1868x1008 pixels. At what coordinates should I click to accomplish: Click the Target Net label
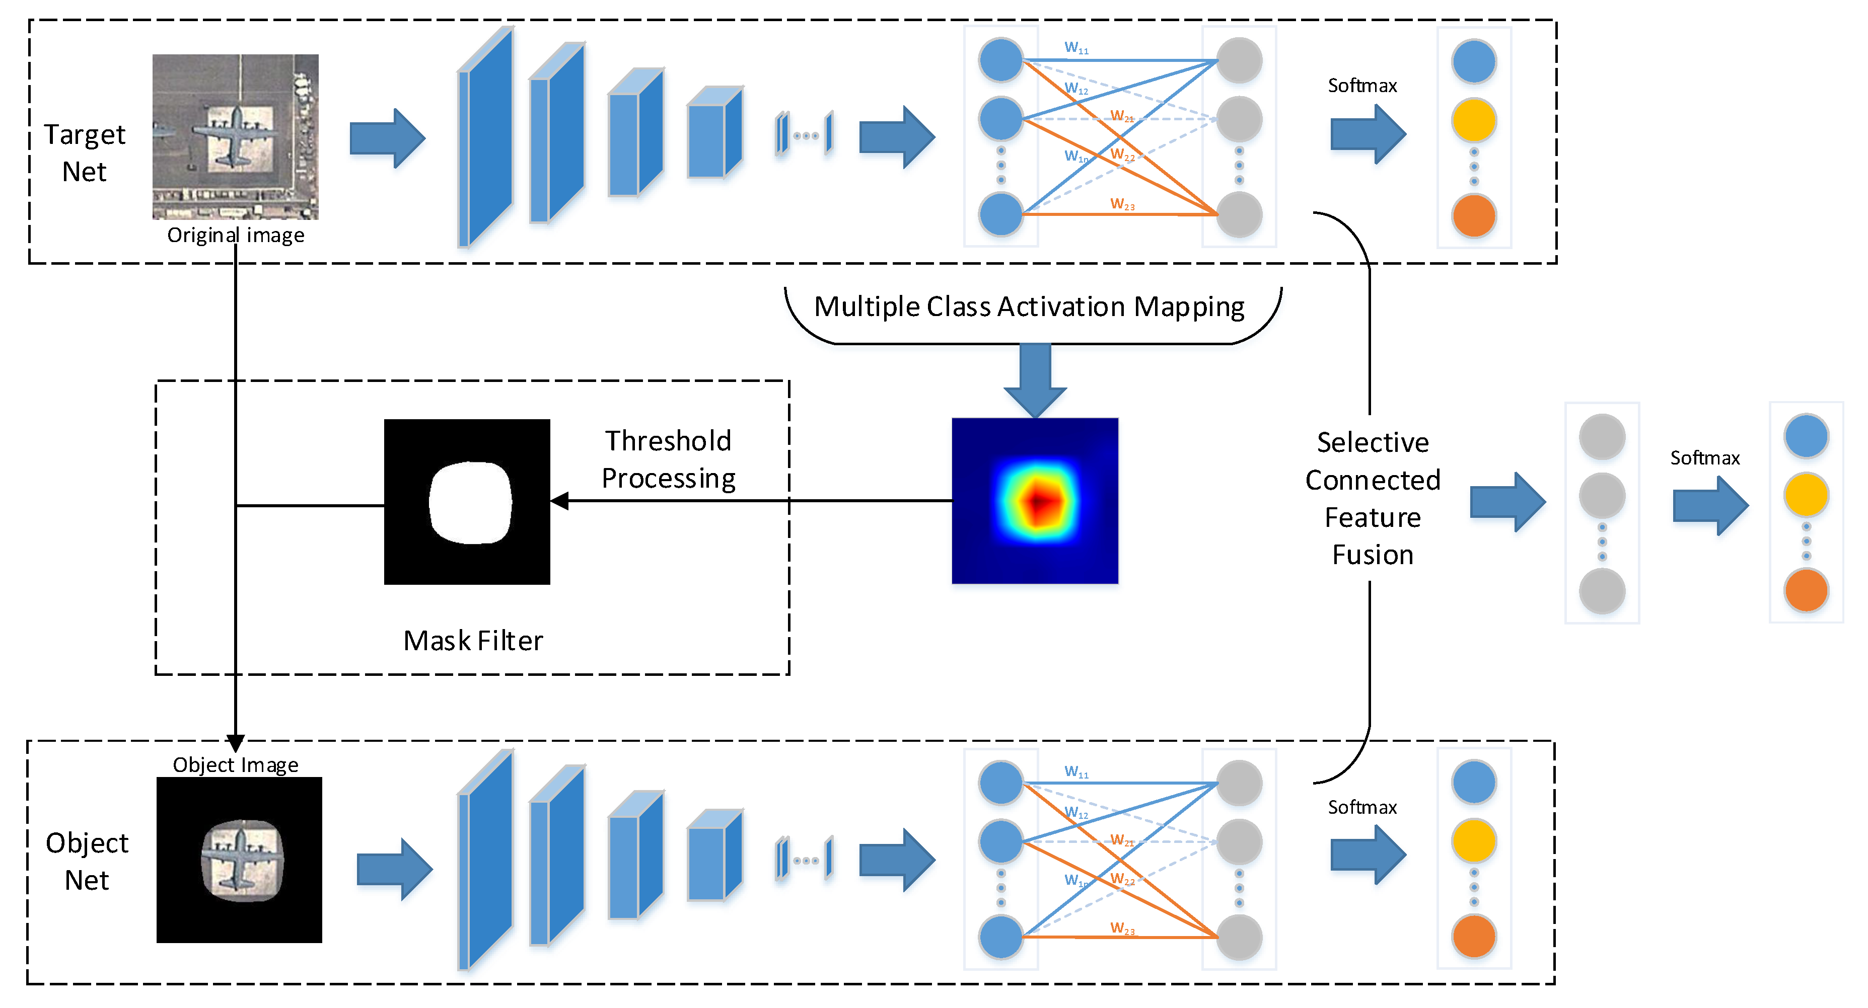[x=85, y=153]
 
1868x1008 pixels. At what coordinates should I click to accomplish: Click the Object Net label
[x=87, y=861]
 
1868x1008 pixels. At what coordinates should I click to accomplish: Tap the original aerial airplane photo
[x=235, y=136]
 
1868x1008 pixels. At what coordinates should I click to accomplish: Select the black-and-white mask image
[x=467, y=501]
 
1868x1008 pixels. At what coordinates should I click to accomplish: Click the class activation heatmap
[x=1035, y=501]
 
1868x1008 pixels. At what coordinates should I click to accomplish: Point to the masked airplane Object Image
[x=239, y=860]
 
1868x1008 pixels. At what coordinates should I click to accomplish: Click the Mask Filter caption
[x=473, y=641]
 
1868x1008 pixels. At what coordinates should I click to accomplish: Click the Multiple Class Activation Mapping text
[x=1029, y=306]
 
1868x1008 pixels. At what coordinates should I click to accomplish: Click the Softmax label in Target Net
[x=1362, y=86]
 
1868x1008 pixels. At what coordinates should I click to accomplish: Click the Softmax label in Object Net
[x=1362, y=807]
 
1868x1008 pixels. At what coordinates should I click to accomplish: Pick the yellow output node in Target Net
[x=1474, y=120]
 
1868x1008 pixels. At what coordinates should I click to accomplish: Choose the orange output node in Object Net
[x=1474, y=936]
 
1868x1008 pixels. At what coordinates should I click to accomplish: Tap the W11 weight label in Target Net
[x=1076, y=48]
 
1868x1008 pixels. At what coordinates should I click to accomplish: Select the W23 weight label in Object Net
[x=1122, y=928]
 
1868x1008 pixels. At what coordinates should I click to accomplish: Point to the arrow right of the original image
[x=387, y=138]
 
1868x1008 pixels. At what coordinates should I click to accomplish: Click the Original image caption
[x=236, y=235]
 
